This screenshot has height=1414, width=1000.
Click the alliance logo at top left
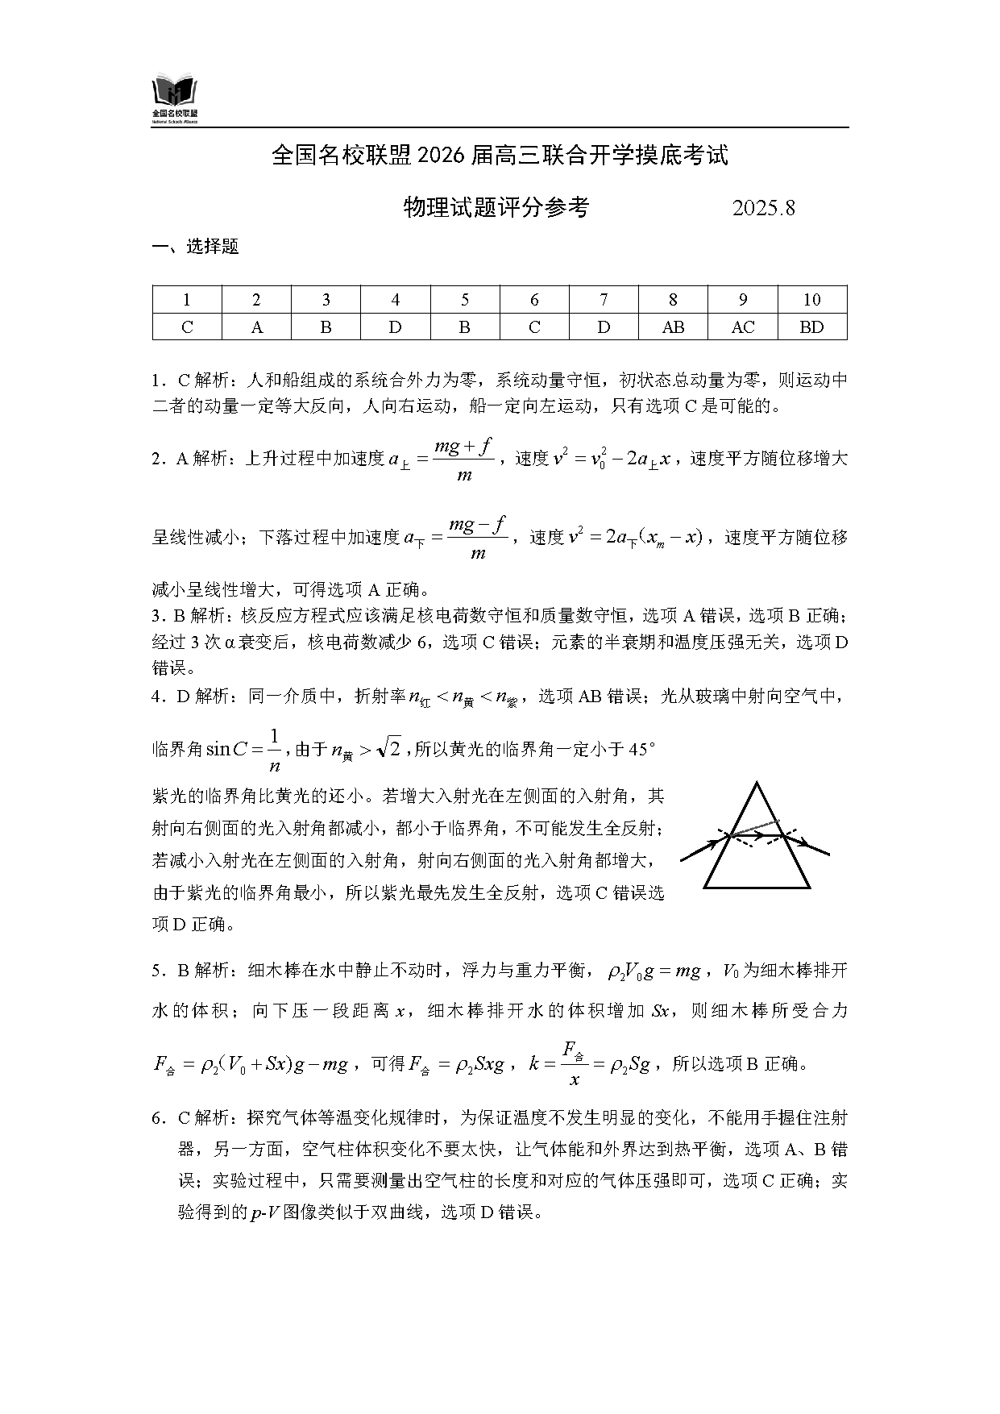(175, 99)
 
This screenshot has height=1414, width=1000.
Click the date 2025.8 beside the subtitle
(763, 208)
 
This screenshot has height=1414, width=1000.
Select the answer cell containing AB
(673, 326)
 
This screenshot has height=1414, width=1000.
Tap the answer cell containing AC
(742, 326)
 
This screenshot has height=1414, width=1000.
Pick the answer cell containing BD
(811, 326)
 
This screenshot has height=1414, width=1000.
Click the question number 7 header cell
(604, 300)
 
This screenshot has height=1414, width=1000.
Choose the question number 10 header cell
(811, 300)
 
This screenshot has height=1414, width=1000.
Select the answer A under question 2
(256, 326)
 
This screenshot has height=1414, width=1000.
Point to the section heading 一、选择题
(196, 247)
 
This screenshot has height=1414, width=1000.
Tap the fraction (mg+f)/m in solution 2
(463, 460)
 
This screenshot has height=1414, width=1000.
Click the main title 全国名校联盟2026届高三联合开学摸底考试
(500, 155)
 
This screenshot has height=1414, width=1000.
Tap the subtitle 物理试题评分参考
(496, 208)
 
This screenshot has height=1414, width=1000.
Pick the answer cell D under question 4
(395, 326)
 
